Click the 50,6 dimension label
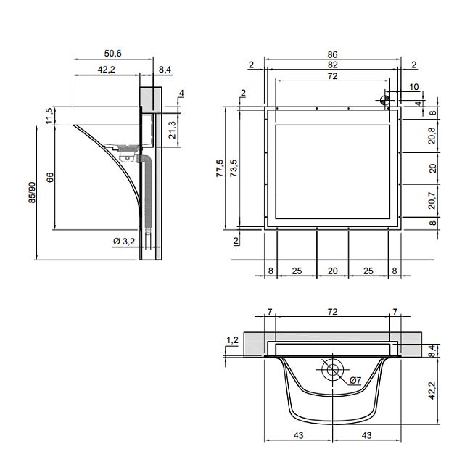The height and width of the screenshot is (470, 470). click(112, 54)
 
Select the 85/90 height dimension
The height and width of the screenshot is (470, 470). click(32, 193)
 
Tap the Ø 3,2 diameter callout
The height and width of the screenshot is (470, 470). click(124, 241)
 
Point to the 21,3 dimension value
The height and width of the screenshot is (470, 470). click(172, 130)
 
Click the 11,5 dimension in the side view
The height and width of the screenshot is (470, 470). click(49, 115)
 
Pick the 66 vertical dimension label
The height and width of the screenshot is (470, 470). click(50, 177)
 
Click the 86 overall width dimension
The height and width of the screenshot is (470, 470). click(332, 54)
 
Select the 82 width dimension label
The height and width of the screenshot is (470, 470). click(333, 65)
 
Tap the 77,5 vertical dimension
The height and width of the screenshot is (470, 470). click(220, 168)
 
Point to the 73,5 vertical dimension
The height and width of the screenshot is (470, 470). click(234, 168)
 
